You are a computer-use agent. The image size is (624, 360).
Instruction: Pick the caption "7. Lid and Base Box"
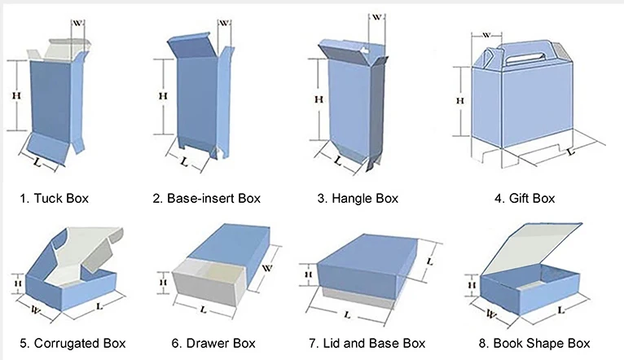[x=367, y=343]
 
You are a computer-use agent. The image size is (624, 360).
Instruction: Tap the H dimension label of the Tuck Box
[x=15, y=95]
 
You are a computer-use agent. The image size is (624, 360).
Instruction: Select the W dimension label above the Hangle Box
[x=377, y=17]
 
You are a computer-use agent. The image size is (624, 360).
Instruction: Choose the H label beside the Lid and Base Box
[x=308, y=275]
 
